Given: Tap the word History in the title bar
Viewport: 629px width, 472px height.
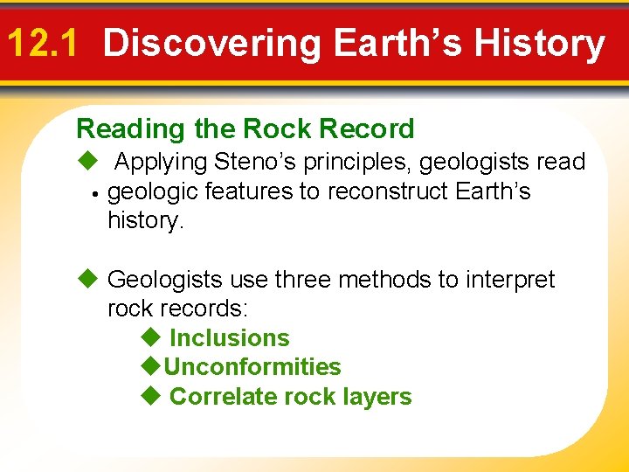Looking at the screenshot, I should point(534,43).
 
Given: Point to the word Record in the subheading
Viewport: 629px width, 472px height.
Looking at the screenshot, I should point(366,129).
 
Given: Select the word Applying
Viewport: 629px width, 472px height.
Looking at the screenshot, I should point(161,162).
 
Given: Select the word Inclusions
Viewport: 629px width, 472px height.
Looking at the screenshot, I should point(229,338).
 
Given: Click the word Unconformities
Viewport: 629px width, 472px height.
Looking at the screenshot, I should point(252,367).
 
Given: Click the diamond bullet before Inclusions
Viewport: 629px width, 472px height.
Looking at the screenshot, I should point(149,338).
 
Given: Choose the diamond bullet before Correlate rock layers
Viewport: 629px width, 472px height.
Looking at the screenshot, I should point(149,397).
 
